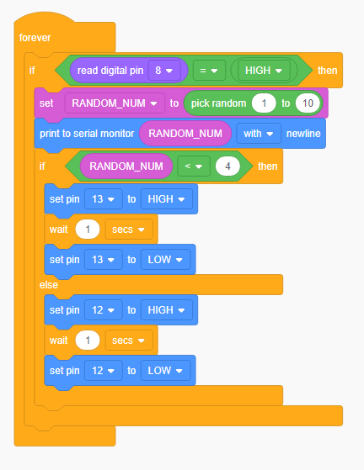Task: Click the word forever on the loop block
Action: click(35, 38)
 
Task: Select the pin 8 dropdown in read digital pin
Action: click(164, 71)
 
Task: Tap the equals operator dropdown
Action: click(209, 71)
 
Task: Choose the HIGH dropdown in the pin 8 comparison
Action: click(264, 71)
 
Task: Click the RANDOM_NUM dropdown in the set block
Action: click(115, 103)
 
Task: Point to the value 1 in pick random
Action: click(264, 103)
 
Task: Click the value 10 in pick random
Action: click(308, 103)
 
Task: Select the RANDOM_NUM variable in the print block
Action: click(185, 134)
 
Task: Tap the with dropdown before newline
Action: click(259, 134)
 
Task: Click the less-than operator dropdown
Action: click(194, 166)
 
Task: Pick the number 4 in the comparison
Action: click(227, 166)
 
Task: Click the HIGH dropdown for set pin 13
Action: click(167, 199)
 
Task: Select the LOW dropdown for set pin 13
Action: click(165, 260)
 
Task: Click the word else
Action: click(49, 285)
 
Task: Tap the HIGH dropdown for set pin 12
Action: click(167, 310)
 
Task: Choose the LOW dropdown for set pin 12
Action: click(165, 371)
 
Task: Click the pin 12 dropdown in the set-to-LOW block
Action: click(104, 371)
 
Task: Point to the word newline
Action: click(303, 134)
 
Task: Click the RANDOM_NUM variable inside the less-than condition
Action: click(126, 166)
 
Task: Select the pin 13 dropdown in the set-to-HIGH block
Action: click(104, 199)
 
